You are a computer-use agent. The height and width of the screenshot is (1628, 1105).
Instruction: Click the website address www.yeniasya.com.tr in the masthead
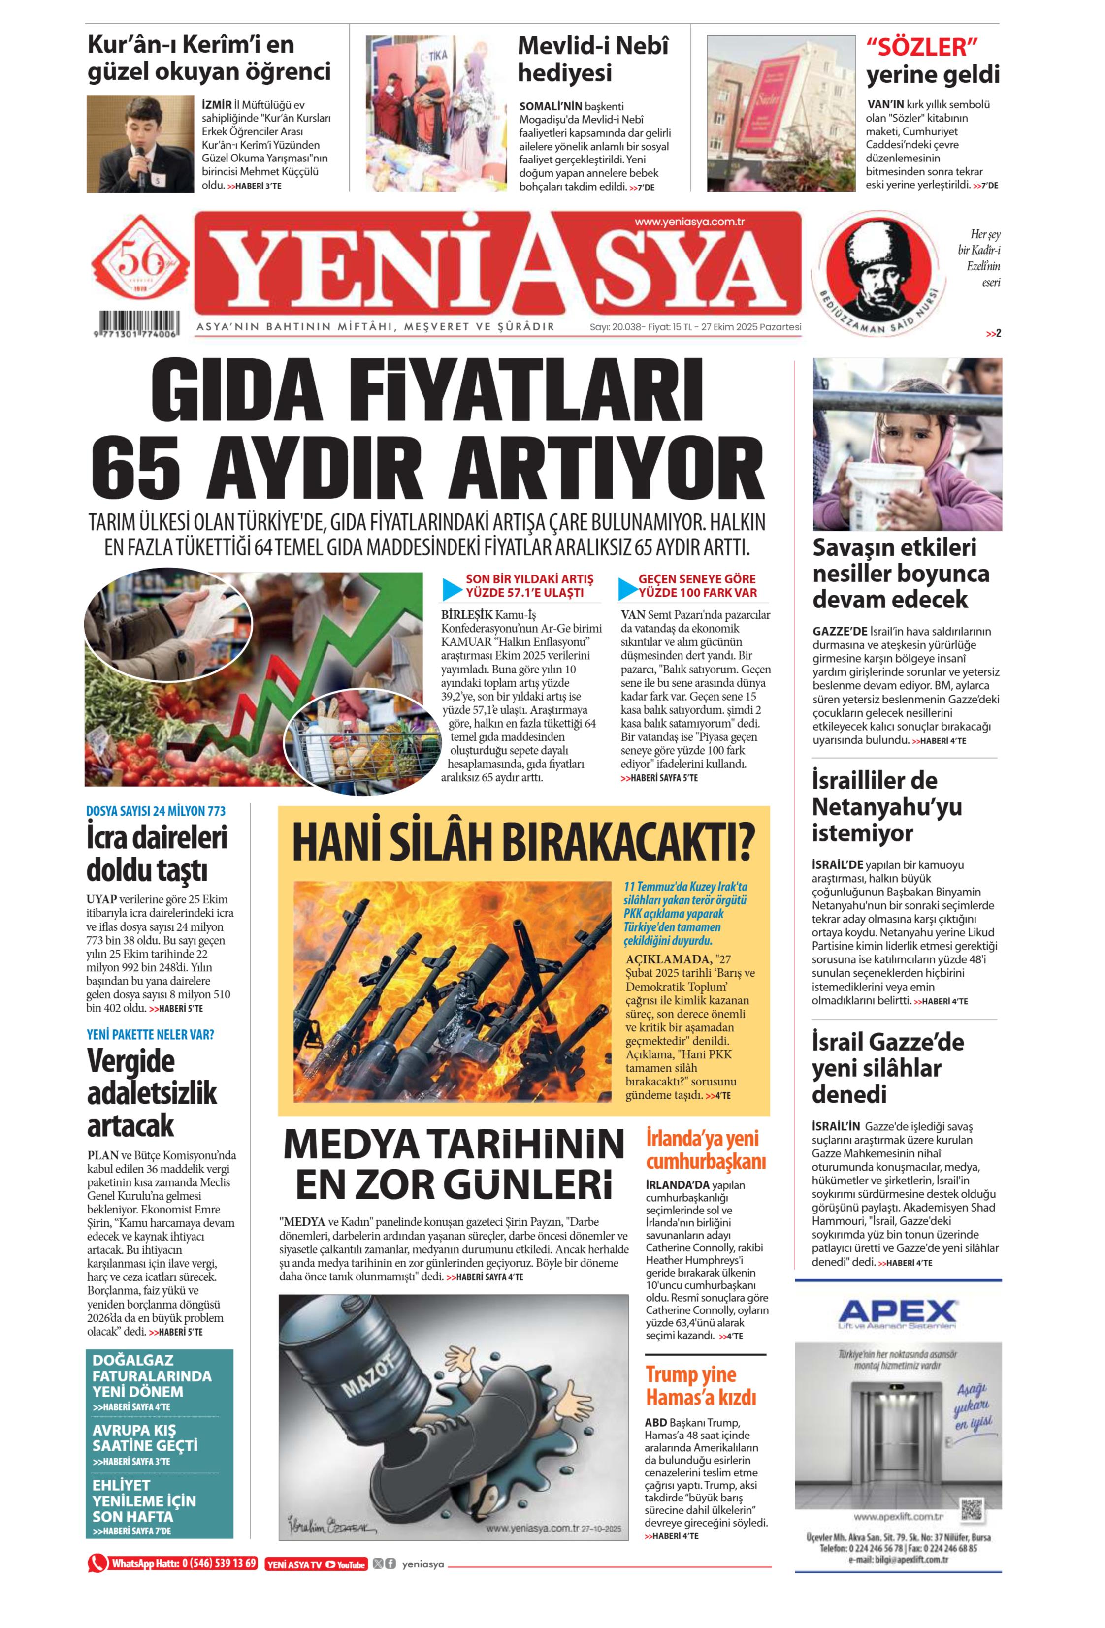pos(689,222)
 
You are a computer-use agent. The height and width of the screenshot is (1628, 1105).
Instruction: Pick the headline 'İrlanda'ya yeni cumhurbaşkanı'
pos(705,1149)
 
